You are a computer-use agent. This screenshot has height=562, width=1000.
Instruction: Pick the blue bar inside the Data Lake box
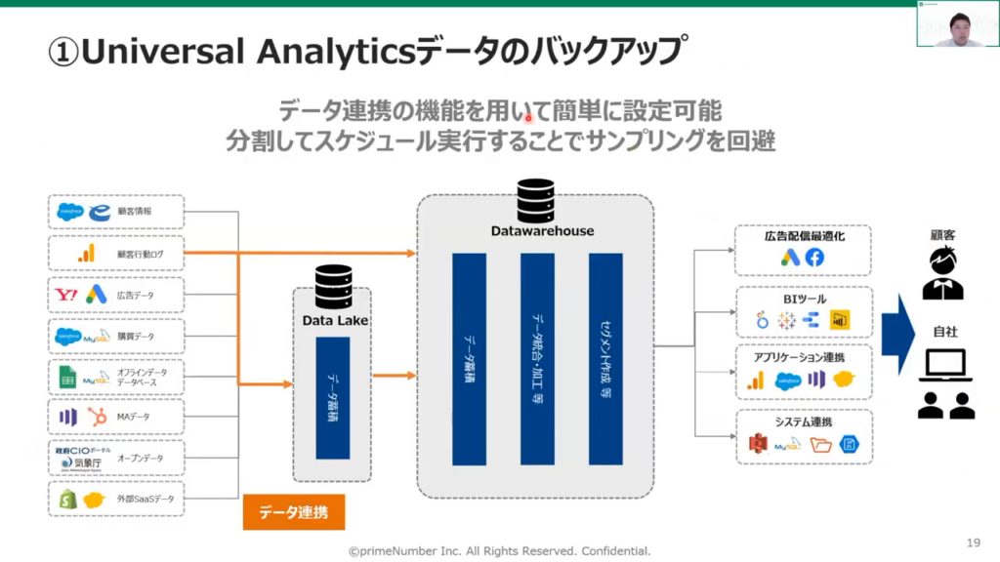point(332,398)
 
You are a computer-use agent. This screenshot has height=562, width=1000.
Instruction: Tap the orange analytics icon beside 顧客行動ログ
point(86,254)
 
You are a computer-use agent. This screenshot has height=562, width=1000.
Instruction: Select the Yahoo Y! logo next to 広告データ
point(66,294)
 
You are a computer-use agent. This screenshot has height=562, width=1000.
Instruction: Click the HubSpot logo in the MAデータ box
point(97,418)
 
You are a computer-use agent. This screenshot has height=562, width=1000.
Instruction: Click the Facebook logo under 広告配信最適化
point(814,258)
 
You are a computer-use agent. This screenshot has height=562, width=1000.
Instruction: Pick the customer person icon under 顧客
point(943,274)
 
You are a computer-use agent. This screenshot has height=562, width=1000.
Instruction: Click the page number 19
point(972,542)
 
